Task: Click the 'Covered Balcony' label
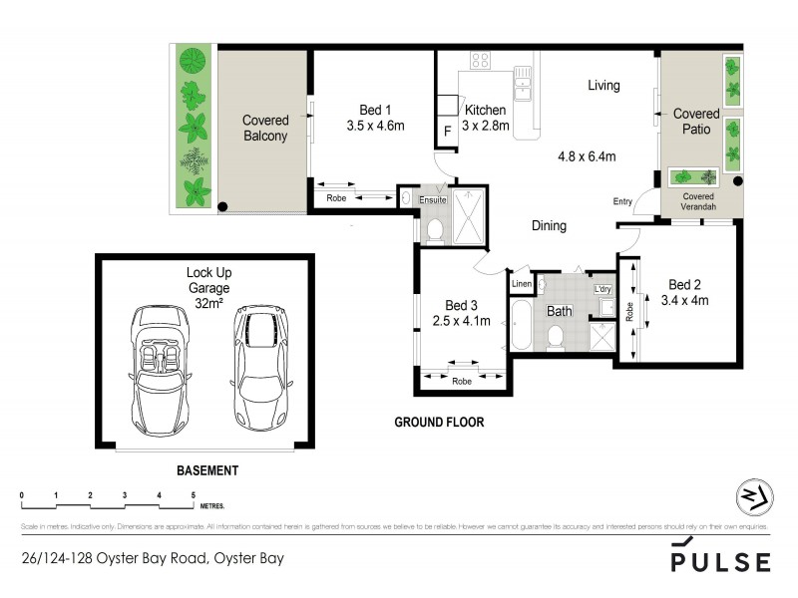point(264,129)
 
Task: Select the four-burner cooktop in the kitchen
point(480,60)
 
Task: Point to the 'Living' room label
point(602,86)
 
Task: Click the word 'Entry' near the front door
point(622,202)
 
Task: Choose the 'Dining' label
point(549,226)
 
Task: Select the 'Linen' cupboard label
point(522,285)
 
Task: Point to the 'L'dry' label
point(601,289)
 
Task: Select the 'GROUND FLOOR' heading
point(439,423)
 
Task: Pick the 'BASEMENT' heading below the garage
point(207,470)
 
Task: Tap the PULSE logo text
point(720,560)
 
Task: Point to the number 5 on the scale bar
point(194,495)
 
